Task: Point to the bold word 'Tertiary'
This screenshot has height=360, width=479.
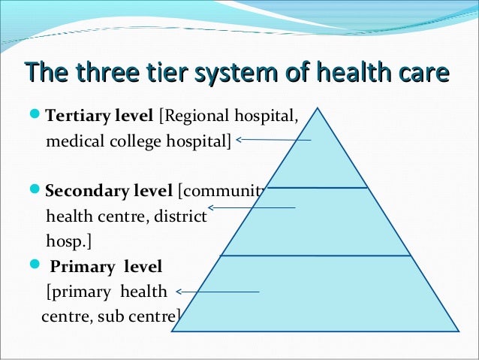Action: point(77,117)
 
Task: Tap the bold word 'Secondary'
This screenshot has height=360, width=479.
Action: point(83,190)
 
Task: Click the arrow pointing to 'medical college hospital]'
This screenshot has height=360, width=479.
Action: point(273,139)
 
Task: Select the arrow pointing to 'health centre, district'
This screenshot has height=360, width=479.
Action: point(252,207)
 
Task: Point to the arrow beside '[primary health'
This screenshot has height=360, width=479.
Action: point(217,292)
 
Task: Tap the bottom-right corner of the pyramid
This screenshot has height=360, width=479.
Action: point(458,331)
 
